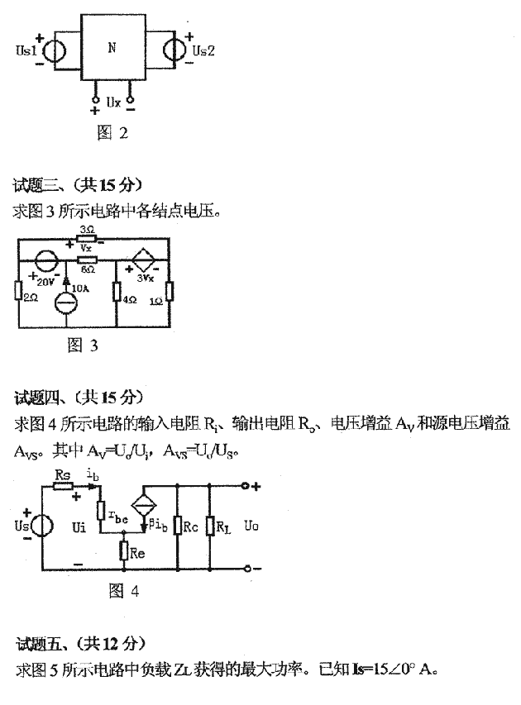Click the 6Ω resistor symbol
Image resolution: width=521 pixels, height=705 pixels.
(x=88, y=259)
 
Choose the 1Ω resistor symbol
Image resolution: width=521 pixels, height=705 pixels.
(x=170, y=292)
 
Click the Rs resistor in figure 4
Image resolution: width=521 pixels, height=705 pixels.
(x=64, y=487)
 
